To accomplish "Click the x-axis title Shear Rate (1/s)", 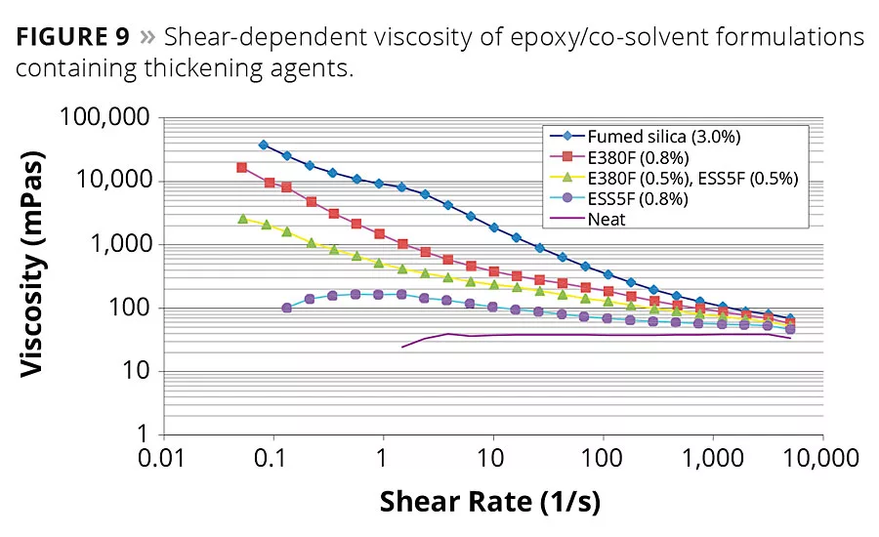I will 489,501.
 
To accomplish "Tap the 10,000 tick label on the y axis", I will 120,181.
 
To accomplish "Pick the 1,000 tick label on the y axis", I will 127,244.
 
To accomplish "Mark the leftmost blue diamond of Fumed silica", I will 264,145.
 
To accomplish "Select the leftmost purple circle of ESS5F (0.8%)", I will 286,308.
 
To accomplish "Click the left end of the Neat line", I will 402,347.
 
